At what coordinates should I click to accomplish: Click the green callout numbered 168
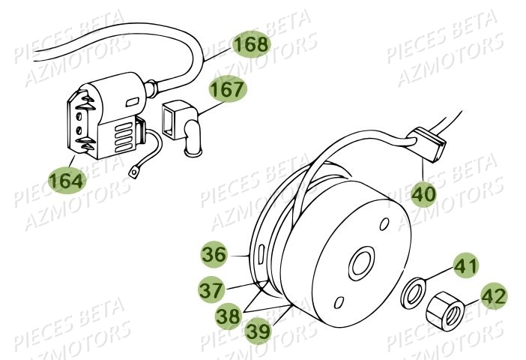(250, 45)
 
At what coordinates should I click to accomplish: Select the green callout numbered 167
(227, 90)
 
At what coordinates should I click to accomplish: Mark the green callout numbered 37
(214, 288)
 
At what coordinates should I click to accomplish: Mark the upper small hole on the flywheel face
(383, 224)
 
